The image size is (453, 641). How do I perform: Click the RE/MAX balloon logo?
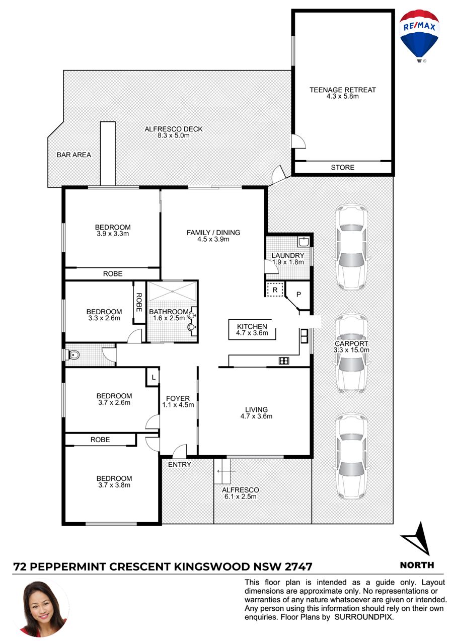[419, 35]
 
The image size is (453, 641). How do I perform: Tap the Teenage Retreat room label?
[342, 90]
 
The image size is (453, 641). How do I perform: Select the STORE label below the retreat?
[342, 167]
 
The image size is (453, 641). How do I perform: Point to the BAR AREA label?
[74, 155]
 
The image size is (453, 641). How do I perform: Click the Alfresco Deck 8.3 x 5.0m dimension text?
[173, 135]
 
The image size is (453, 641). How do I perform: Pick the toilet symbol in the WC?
[72, 355]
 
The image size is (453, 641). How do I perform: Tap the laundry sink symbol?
[304, 242]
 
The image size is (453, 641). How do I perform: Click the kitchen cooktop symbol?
[284, 361]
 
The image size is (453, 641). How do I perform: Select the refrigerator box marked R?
[275, 290]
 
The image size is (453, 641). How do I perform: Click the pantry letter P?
[298, 294]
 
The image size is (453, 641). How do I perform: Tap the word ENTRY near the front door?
[179, 464]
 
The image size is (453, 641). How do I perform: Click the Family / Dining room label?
[213, 232]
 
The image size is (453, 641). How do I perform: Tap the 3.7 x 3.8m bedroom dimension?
[114, 485]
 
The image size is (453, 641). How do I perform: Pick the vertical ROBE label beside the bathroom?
[139, 302]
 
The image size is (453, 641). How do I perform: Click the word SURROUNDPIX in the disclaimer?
[364, 617]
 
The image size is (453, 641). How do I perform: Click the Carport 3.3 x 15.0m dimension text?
[351, 349]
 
